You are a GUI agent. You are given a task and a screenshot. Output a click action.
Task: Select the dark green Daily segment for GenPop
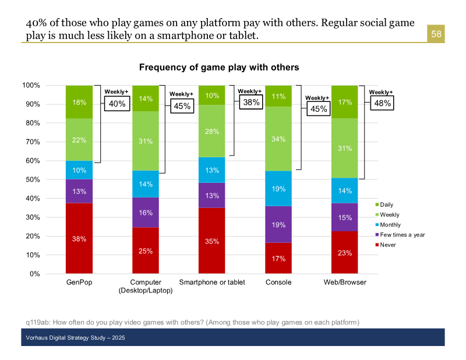(79, 102)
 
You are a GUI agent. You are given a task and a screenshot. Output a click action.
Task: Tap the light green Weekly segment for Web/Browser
(345, 149)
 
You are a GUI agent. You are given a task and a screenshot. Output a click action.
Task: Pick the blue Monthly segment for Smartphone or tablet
(212, 170)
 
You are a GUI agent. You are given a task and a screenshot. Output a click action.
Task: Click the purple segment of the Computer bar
(146, 213)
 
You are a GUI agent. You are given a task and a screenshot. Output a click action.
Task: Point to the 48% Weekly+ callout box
(382, 103)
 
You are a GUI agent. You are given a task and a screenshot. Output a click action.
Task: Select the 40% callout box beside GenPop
(116, 104)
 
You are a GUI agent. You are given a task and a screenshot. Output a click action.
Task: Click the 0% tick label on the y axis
(34, 274)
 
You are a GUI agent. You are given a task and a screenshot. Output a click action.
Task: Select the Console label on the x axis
(278, 282)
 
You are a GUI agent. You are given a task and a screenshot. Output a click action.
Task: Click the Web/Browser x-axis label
(345, 282)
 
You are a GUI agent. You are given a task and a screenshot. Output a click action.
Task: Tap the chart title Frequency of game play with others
(219, 68)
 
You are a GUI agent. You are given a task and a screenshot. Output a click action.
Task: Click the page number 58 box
(436, 34)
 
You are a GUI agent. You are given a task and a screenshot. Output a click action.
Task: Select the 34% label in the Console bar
(278, 139)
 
